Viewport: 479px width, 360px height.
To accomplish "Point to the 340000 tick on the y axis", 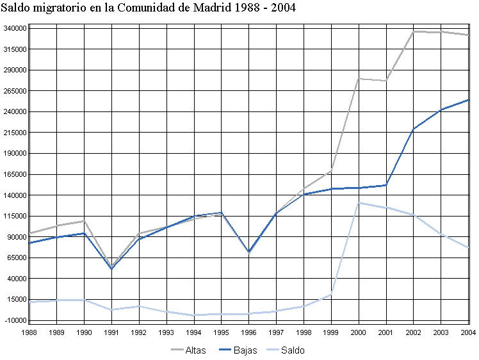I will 14,28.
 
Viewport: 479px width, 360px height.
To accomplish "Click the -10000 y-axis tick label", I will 14,320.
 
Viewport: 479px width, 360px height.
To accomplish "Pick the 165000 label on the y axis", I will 14,174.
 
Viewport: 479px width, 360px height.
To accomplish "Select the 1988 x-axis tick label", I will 29,332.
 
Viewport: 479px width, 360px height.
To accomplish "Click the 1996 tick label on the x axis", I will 249,332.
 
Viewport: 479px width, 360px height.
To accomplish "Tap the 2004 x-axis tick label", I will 469,332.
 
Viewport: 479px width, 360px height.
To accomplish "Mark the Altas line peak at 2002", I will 414,31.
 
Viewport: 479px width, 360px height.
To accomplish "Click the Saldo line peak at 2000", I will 359,203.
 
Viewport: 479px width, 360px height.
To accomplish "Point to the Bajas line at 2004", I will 468,100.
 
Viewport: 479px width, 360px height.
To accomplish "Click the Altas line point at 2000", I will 359,79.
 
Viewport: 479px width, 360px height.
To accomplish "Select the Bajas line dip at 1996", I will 249,252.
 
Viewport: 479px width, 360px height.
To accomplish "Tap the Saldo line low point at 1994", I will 194,315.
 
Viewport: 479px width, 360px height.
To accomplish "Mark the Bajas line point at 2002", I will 414,129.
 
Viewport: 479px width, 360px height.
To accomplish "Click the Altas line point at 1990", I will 85,221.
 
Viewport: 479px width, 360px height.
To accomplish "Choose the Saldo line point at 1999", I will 331,295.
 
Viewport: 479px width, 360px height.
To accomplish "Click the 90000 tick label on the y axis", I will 14,237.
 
